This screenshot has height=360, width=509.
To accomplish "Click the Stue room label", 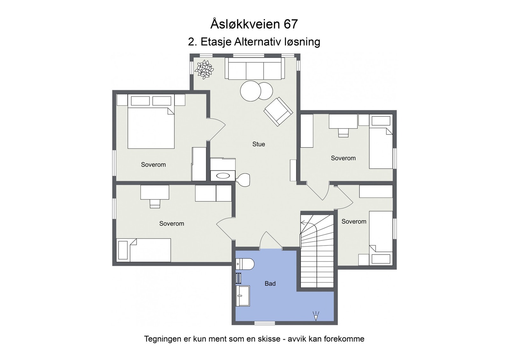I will (258, 144).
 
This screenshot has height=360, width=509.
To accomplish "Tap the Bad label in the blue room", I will (270, 283).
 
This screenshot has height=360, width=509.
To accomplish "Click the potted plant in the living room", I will (204, 69).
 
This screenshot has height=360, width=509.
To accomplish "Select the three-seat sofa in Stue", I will (254, 68).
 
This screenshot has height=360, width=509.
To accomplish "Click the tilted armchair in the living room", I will (278, 111).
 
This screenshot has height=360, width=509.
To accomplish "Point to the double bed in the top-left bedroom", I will (151, 128).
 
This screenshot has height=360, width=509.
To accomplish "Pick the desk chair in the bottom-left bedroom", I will (155, 204).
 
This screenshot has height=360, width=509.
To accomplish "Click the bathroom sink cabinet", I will (242, 296).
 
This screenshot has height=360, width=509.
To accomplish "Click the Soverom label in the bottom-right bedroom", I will (354, 221).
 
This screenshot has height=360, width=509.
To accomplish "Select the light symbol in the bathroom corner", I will (316, 316).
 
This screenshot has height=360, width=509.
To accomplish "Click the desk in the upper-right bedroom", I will (343, 121).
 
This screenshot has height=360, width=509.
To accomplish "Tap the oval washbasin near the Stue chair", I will (222, 175).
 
